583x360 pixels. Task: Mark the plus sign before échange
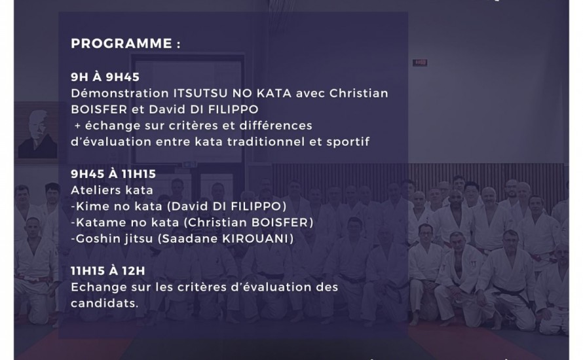77,125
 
